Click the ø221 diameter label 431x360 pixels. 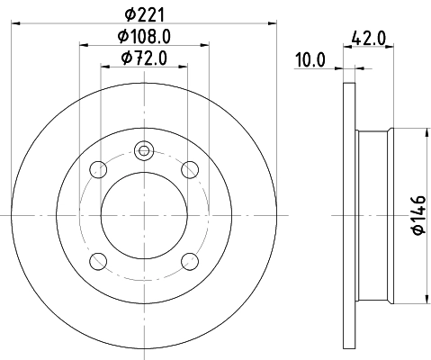point(144,13)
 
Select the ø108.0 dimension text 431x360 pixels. point(144,39)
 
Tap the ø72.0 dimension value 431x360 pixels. point(144,60)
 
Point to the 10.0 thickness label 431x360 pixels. point(310,60)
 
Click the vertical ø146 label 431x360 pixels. point(418,216)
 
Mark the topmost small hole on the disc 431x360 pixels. point(144,151)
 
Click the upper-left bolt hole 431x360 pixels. point(98,168)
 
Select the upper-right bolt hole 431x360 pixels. point(190,168)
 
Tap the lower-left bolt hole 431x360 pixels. point(98,261)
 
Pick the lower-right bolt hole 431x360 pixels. point(190,261)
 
